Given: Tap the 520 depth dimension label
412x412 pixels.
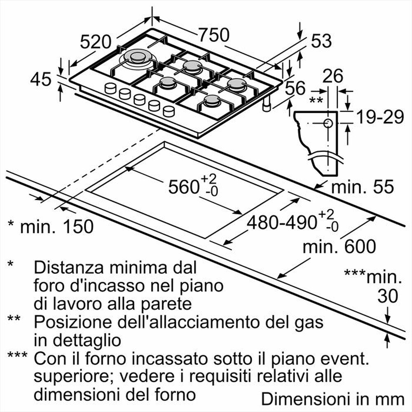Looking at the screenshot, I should tap(96, 41).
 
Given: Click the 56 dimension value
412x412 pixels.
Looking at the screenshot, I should tap(295, 88).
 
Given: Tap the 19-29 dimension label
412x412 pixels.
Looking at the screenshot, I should tap(379, 118).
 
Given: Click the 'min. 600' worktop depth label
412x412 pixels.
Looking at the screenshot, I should tap(339, 247).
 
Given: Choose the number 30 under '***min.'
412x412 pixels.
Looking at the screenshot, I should tap(388, 296).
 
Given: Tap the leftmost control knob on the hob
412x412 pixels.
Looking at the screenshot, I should tap(110, 88).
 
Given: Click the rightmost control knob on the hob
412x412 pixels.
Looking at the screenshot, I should tap(169, 111).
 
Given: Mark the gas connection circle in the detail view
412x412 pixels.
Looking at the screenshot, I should tap(328, 123).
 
